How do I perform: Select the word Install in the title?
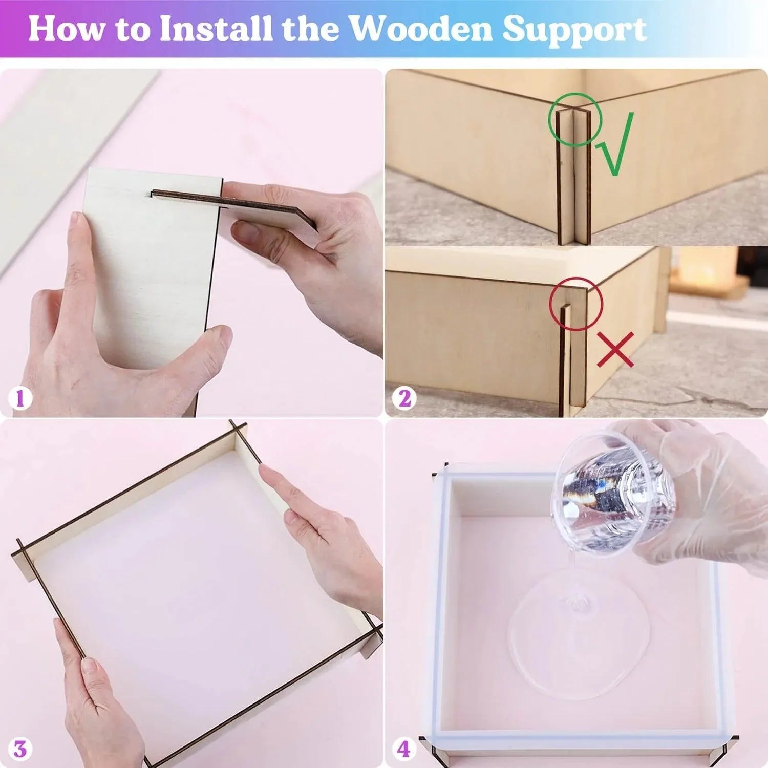(x=216, y=29)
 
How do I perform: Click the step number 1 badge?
(x=20, y=398)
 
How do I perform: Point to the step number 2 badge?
(x=404, y=398)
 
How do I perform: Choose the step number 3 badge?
(x=19, y=749)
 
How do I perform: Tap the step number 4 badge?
(x=403, y=749)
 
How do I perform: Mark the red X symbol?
(x=615, y=350)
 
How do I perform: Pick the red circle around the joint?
(x=576, y=304)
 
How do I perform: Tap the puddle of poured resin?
(x=579, y=635)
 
